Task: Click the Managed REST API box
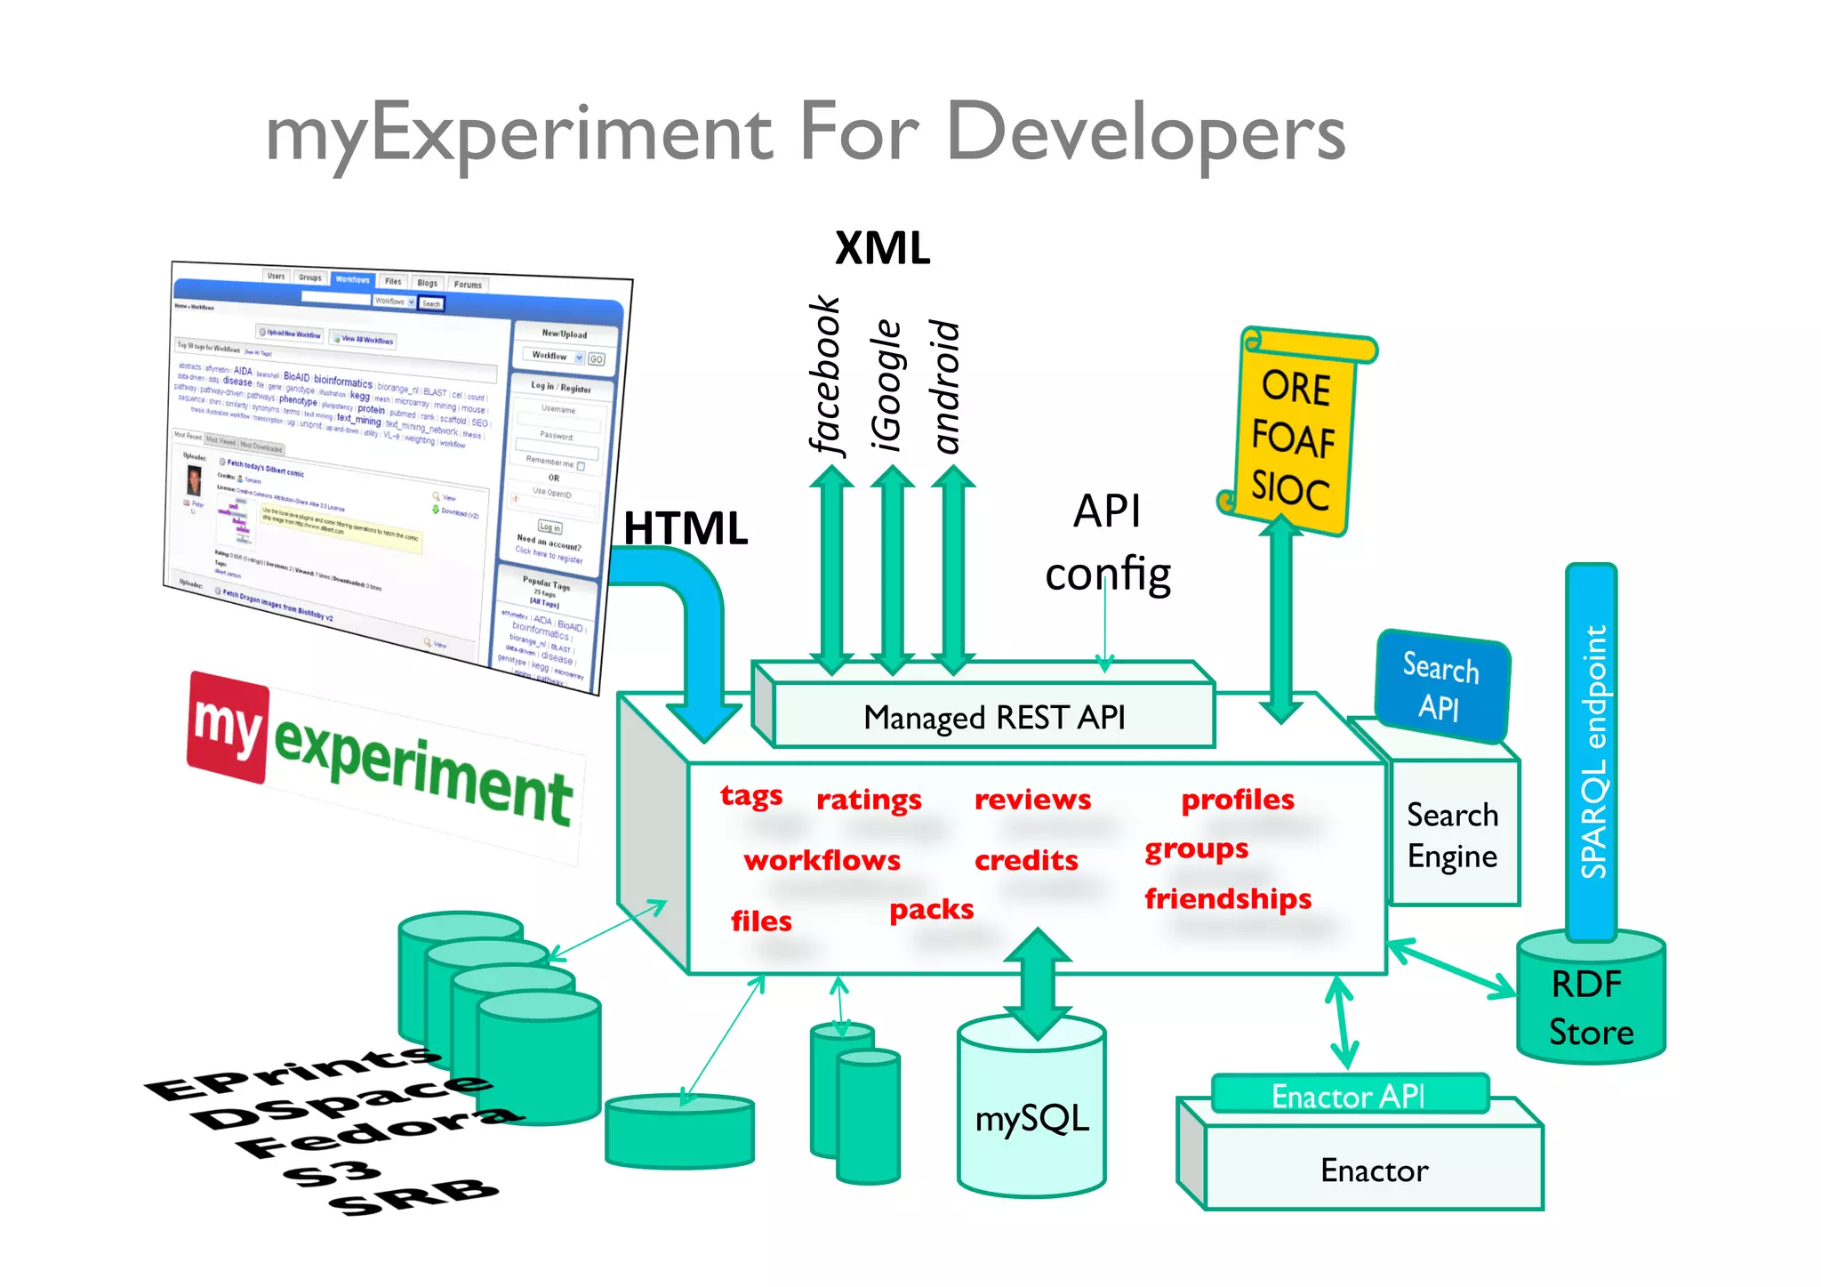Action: (993, 717)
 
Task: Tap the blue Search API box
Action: (1441, 687)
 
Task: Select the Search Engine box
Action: (1452, 835)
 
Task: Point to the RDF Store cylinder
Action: (1590, 1009)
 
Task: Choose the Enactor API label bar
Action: (1349, 1095)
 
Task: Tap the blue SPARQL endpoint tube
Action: (1592, 752)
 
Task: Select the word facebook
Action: (824, 375)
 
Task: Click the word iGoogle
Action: (886, 385)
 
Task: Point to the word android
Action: (946, 387)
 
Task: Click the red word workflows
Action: (822, 860)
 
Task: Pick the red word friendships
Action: (1227, 898)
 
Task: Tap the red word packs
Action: (931, 909)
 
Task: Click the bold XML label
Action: (882, 248)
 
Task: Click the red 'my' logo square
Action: (227, 727)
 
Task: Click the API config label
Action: (1107, 543)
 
